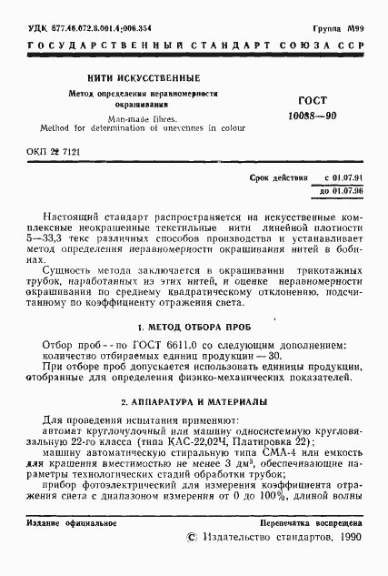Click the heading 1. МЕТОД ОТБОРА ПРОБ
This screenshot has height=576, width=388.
pyautogui.click(x=194, y=325)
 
